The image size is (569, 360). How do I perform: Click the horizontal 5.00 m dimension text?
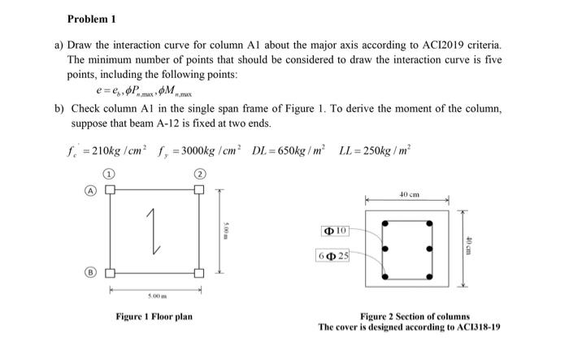coord(154,296)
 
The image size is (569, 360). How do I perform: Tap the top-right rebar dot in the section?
coord(428,225)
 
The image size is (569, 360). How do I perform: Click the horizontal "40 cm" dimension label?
coord(409,195)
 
